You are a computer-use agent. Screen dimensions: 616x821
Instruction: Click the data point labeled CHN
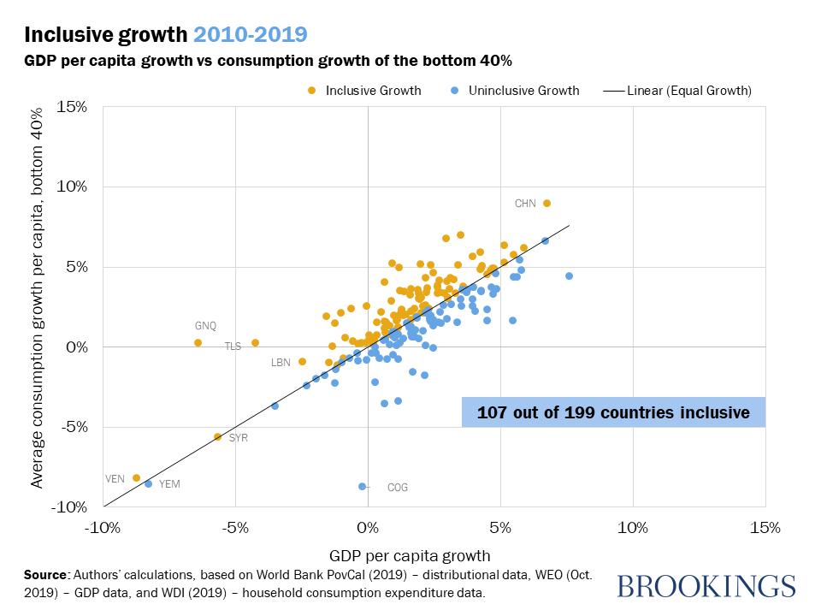point(547,204)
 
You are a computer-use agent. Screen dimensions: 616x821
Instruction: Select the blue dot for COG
point(363,487)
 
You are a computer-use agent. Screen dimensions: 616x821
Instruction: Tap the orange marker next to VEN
point(137,478)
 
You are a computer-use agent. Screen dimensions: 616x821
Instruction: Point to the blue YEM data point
point(149,484)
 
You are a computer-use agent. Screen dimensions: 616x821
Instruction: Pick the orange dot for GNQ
point(198,343)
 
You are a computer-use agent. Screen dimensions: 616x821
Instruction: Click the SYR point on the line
point(218,437)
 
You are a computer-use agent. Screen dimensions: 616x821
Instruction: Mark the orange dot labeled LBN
point(302,362)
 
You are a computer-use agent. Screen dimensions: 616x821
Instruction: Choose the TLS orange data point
point(256,343)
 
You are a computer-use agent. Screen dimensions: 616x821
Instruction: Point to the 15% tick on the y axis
point(72,107)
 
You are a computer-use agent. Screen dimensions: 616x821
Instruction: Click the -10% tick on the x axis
point(103,527)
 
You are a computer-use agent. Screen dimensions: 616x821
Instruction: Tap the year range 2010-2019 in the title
point(250,35)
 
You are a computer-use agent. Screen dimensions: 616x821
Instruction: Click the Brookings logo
point(706,587)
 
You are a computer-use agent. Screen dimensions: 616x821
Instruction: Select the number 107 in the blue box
point(493,413)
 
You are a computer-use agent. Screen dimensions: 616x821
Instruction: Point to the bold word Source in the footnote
point(46,574)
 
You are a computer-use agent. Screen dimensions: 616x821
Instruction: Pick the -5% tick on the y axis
point(72,427)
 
